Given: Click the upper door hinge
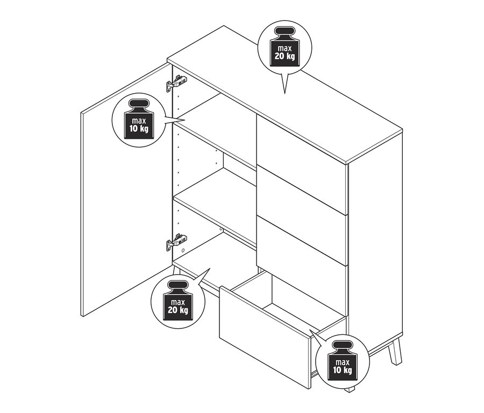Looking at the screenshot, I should pos(176,82).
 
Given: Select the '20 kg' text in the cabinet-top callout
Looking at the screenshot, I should pos(283,57).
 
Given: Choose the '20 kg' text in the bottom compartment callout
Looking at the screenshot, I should pos(177,310).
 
